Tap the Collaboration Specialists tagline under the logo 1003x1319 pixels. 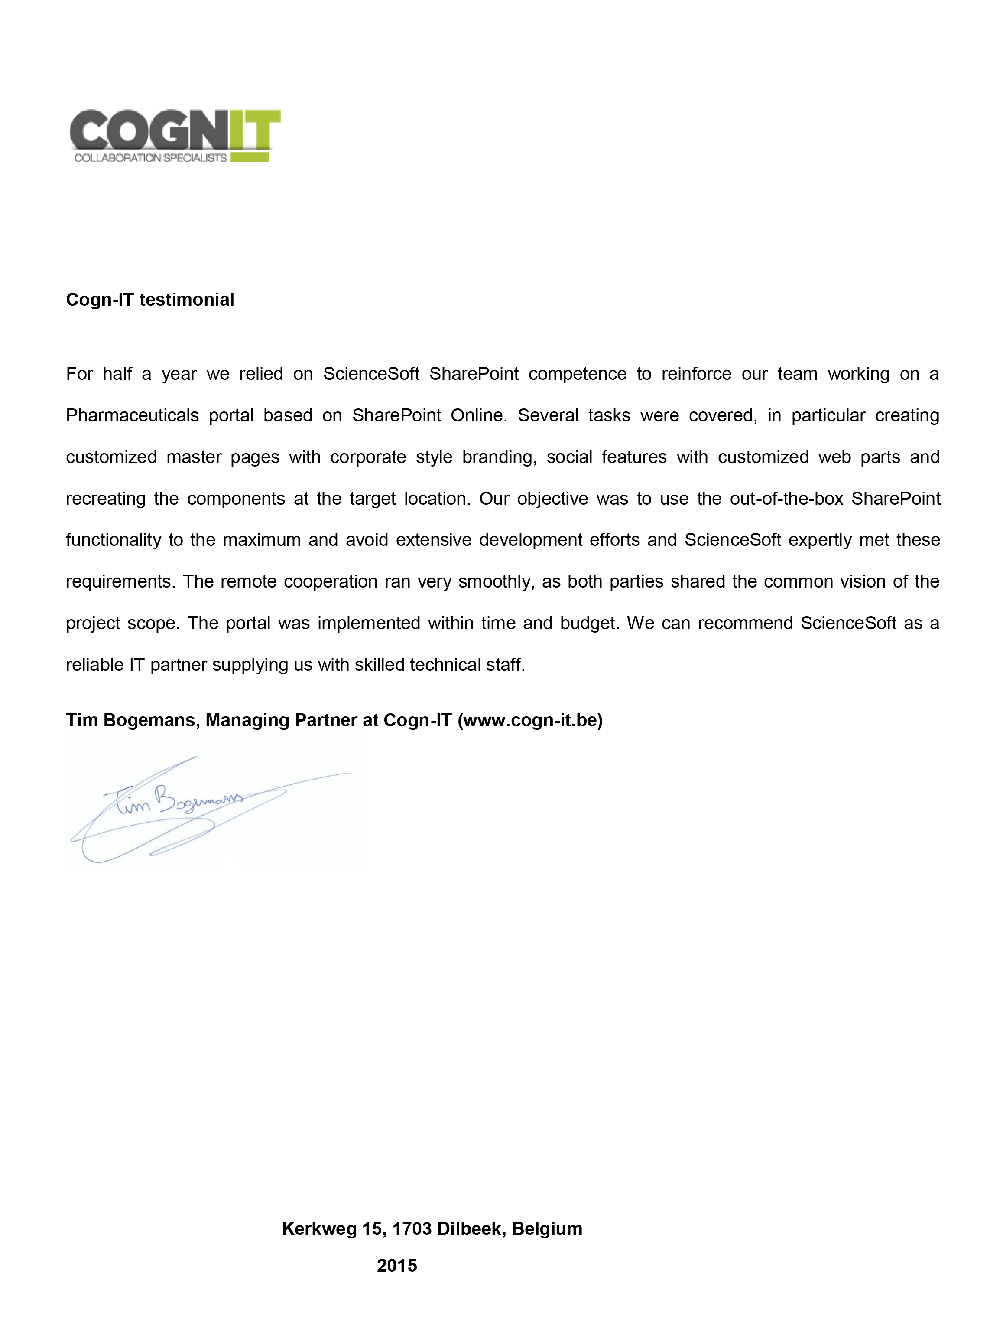[x=150, y=158]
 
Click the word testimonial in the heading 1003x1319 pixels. [x=186, y=299]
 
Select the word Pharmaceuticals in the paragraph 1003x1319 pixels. [x=132, y=415]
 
